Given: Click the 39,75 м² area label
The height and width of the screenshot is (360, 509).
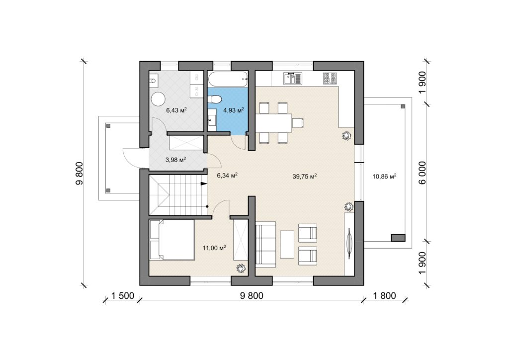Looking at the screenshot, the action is point(305,176).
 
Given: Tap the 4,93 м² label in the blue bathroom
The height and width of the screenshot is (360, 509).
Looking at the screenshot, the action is point(234,110).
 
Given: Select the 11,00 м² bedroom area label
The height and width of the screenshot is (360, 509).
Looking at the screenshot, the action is point(214,248).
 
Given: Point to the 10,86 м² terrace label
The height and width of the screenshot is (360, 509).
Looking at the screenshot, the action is point(384,177).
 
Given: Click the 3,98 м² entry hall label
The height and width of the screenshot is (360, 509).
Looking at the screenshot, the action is point(175,160).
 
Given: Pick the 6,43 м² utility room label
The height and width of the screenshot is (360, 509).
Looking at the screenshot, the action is point(176,110).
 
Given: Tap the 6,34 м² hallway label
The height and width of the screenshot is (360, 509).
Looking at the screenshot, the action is point(227,176).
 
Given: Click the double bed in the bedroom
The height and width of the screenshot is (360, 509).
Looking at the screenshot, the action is point(172,240).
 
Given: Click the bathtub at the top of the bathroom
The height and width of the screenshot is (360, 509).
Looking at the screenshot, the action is point(228,79).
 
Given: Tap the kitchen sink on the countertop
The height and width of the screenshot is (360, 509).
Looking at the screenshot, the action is point(293,78).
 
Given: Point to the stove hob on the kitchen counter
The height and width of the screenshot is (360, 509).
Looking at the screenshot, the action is point(330,78).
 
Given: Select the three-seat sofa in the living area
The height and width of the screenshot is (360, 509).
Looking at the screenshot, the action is point(266,244).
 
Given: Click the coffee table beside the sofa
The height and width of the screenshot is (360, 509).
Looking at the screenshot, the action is point(287,245).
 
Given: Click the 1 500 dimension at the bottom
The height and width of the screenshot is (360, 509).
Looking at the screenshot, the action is point(123,296).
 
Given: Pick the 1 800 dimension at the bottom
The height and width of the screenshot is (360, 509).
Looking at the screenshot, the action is point(384,296).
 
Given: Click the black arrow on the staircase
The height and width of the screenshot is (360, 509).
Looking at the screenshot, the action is point(204,184).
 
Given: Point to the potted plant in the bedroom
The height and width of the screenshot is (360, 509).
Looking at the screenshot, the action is point(241,268).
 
